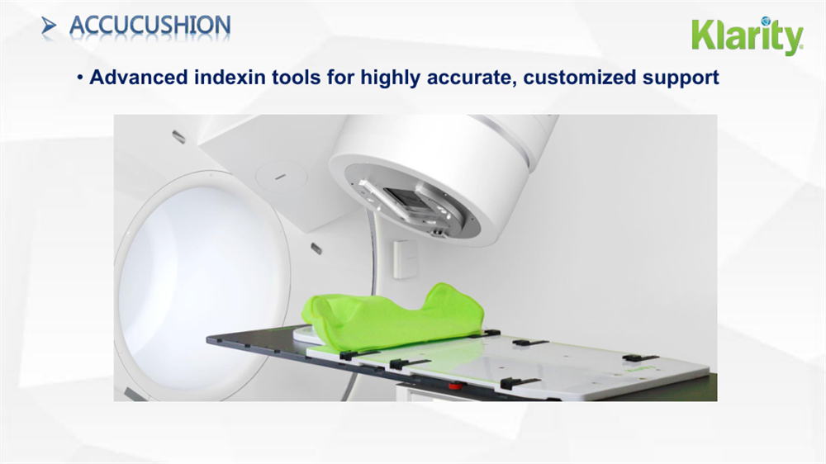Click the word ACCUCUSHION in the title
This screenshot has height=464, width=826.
[150, 26]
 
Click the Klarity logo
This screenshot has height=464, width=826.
[747, 36]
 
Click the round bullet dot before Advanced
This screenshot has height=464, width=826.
[82, 78]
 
